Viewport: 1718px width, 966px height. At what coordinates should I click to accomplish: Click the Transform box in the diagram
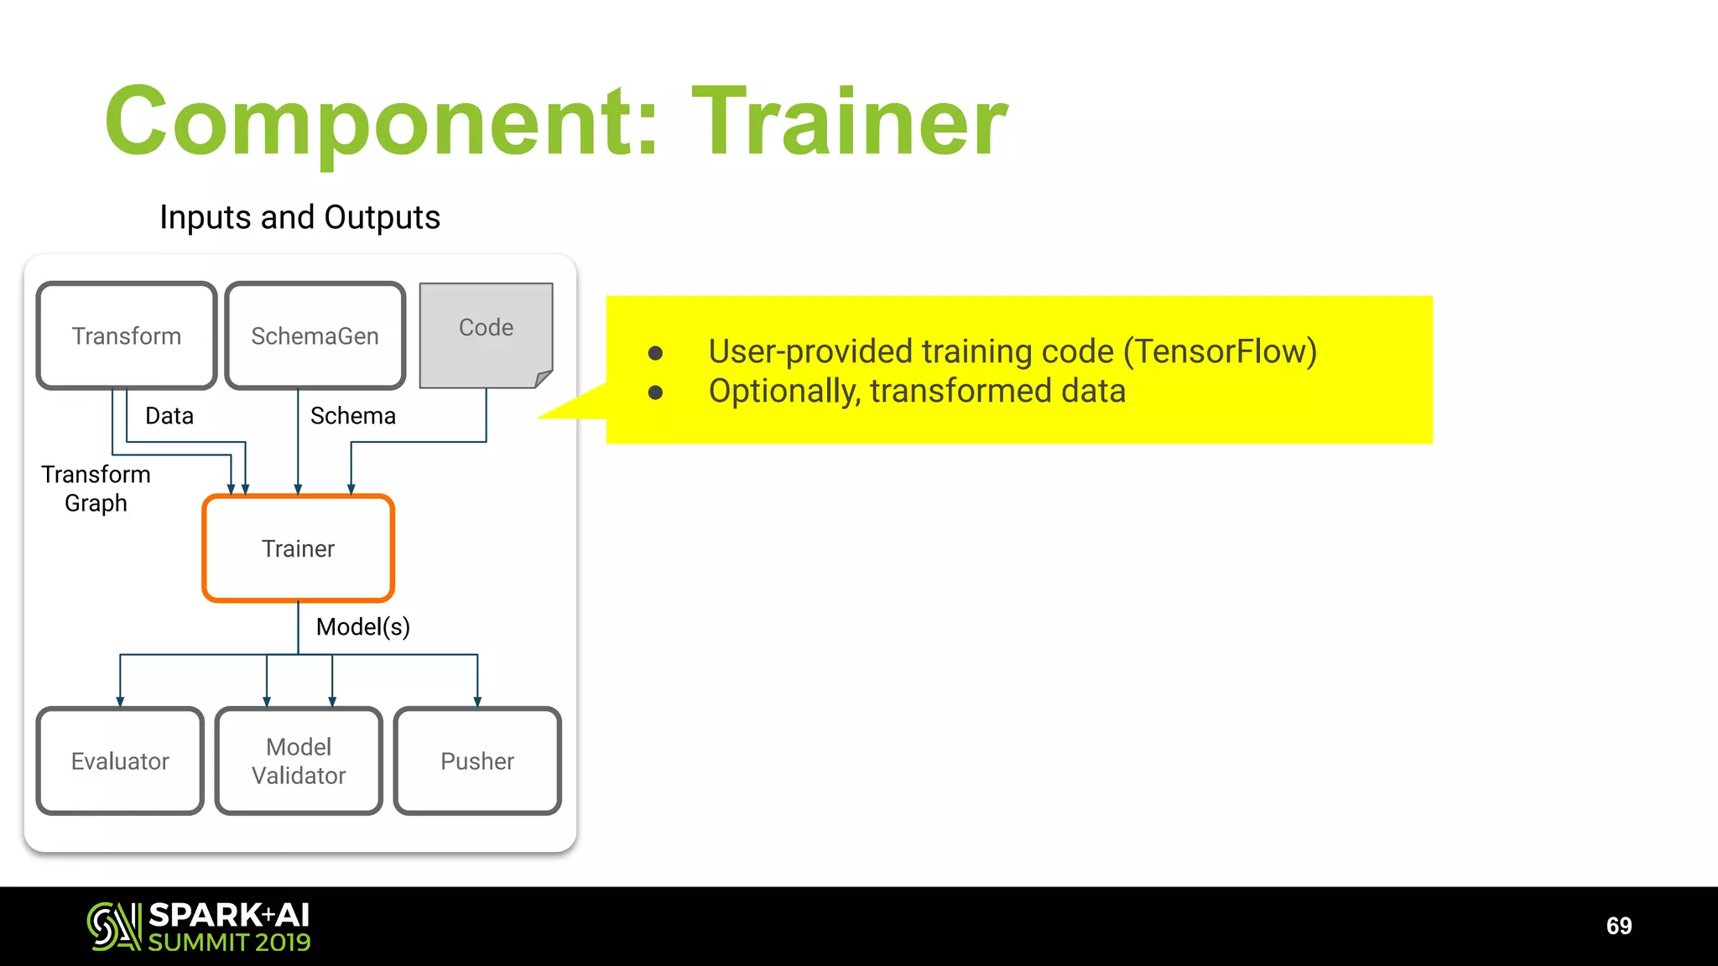127,335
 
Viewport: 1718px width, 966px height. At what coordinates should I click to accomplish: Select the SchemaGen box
315,335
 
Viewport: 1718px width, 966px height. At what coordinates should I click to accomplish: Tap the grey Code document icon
486,335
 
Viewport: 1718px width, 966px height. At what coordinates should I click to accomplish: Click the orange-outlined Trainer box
298,548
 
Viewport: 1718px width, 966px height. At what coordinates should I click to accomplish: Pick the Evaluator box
120,761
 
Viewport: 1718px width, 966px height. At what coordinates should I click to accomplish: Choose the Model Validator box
299,761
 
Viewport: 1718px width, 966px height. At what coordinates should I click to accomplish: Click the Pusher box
477,761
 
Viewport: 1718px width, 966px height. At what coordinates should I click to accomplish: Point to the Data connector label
169,416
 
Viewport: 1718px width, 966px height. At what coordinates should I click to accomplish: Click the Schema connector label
352,416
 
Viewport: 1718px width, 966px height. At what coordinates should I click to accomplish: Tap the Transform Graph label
96,489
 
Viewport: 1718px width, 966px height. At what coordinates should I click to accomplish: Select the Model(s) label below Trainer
362,626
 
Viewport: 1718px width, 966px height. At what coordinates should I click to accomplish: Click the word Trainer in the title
849,122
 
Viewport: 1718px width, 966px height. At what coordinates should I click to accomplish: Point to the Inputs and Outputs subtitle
299,217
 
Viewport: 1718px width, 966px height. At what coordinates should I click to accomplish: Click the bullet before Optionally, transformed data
656,392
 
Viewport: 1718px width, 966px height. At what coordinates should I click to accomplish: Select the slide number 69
1618,926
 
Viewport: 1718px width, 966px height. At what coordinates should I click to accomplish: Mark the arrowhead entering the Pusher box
477,702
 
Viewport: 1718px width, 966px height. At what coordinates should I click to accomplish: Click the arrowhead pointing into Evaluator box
120,702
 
